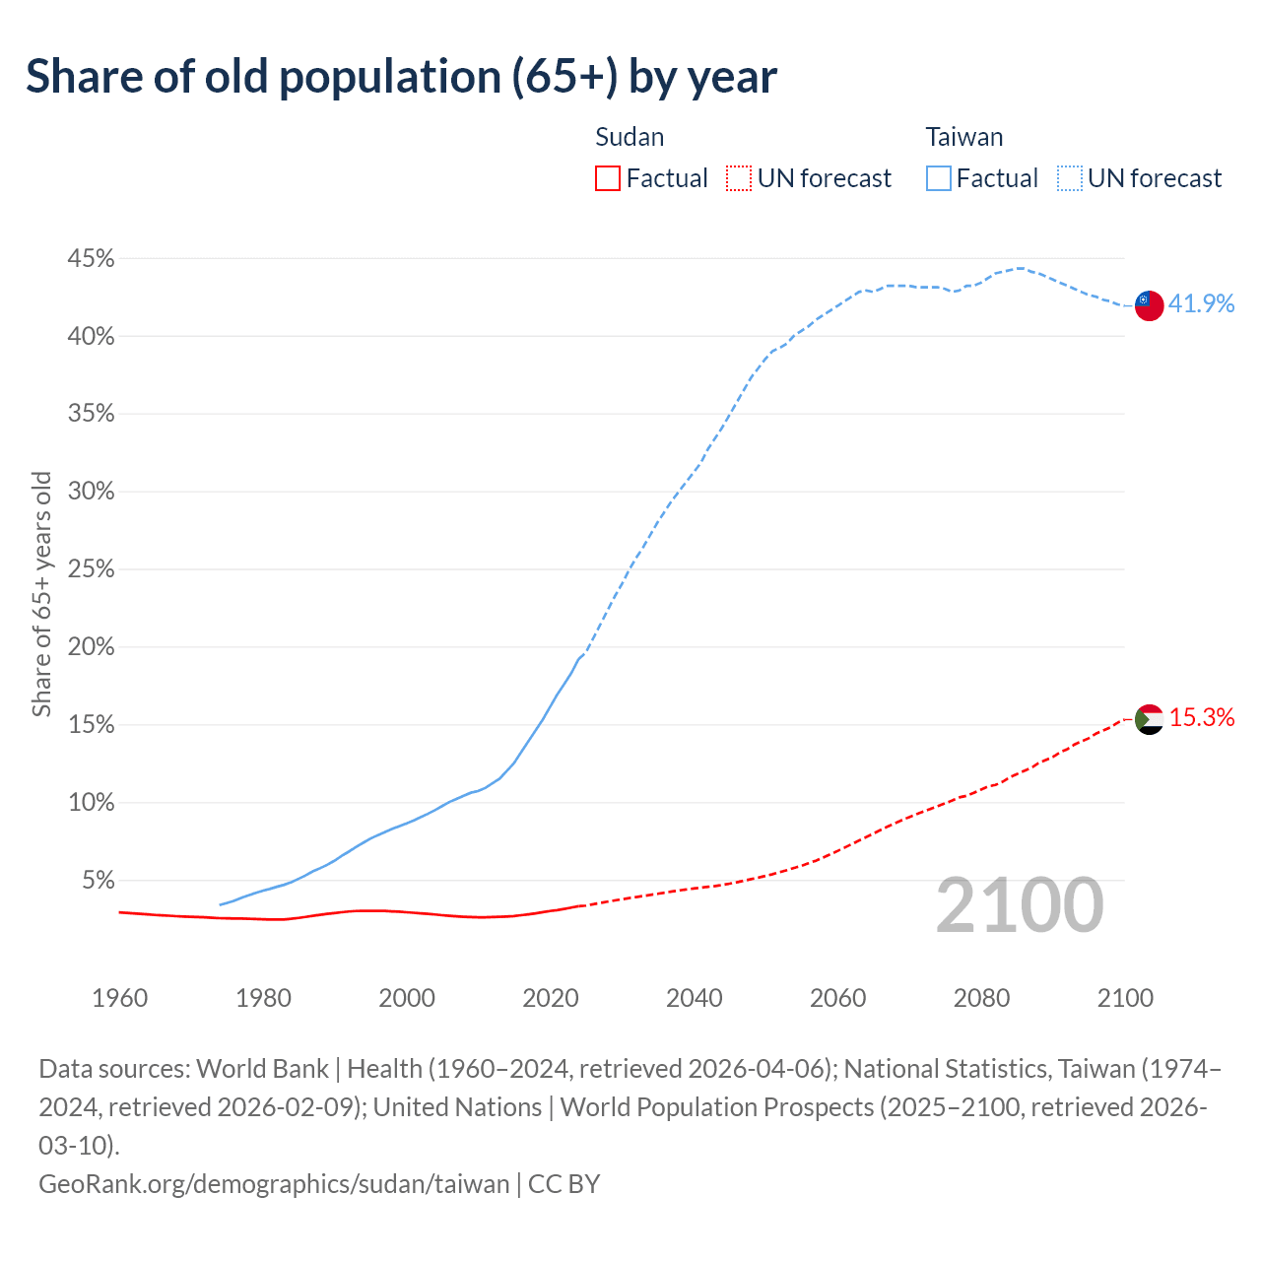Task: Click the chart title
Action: [x=401, y=77]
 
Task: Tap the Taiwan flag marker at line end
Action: [x=1149, y=305]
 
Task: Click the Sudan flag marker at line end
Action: [x=1149, y=720]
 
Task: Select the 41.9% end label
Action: [x=1201, y=303]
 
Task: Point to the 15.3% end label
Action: [x=1201, y=718]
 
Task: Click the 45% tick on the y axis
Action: [x=91, y=259]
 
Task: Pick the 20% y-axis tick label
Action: [x=91, y=647]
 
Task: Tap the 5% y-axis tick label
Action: [x=98, y=880]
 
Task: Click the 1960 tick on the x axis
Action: [x=119, y=998]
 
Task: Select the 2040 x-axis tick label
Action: [x=695, y=998]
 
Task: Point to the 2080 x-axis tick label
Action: [x=982, y=998]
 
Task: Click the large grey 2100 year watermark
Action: [x=1019, y=904]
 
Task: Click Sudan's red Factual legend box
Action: [x=608, y=178]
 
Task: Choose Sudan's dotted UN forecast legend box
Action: [x=739, y=178]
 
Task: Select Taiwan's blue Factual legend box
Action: [x=939, y=178]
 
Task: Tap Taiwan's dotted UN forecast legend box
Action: [x=1070, y=178]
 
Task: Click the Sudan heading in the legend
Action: [x=630, y=137]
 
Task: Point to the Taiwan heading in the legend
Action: [x=963, y=137]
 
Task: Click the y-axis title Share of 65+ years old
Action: [x=41, y=594]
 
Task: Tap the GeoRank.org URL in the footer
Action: [x=274, y=1183]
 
